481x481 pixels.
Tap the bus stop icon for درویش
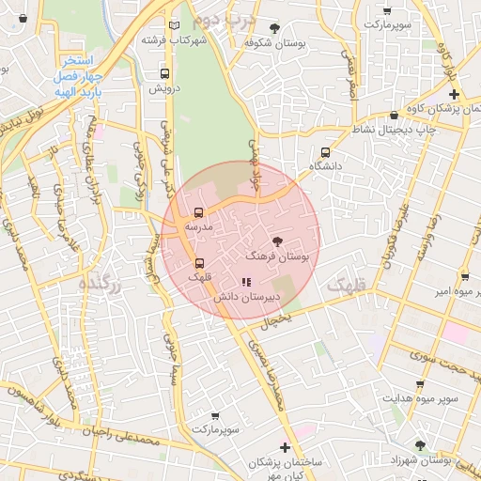click(165, 72)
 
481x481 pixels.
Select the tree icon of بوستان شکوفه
click(274, 28)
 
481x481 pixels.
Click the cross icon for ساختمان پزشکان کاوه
click(455, 95)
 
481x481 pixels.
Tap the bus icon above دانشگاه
click(326, 151)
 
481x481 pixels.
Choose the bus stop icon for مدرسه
click(198, 212)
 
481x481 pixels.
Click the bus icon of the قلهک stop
click(199, 263)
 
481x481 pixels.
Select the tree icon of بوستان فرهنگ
click(276, 241)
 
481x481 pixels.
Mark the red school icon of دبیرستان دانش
click(245, 281)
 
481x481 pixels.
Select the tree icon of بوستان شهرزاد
click(420, 445)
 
